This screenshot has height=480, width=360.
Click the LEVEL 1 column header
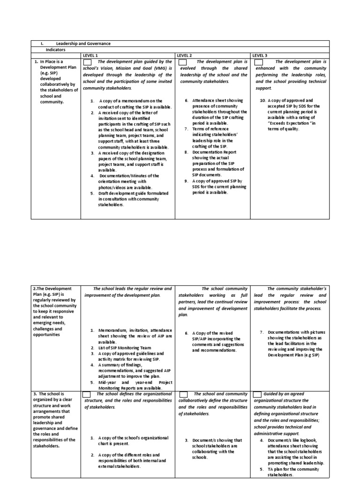(x=90, y=55)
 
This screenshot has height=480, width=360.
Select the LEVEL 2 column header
(x=184, y=55)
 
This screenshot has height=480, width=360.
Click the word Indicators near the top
(x=55, y=49)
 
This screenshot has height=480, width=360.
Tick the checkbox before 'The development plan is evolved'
(x=182, y=62)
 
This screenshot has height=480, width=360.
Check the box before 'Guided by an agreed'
(x=257, y=394)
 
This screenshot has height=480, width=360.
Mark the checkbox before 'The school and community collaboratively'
(x=184, y=394)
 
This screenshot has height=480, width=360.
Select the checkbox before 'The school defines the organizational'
(x=87, y=394)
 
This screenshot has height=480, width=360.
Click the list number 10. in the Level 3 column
(x=263, y=101)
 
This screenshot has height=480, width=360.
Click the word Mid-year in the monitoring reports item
(x=107, y=382)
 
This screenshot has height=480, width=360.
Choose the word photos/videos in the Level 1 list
(x=112, y=187)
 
